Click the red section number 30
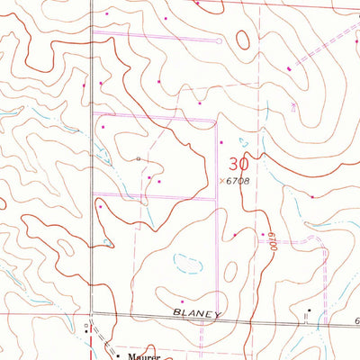pos(238,164)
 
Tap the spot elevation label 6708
pos(237,181)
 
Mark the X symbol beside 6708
pos(221,181)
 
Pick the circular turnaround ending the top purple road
pos(220,40)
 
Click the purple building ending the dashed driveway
pos(289,68)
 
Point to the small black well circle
pos(138,158)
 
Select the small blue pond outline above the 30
pos(241,141)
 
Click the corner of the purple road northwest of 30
pos(213,120)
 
